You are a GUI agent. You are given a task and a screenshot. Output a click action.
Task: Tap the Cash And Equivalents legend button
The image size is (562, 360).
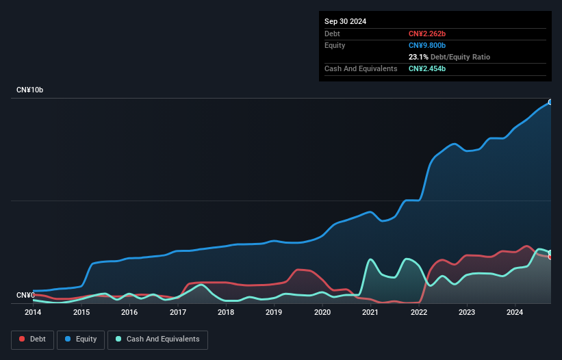157,339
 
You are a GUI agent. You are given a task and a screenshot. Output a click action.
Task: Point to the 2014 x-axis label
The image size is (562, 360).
33,312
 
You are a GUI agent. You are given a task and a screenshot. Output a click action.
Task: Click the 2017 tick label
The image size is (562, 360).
178,312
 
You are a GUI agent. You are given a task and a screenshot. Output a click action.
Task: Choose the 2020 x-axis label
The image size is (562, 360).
322,312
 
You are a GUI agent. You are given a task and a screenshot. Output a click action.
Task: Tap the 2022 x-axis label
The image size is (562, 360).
419,312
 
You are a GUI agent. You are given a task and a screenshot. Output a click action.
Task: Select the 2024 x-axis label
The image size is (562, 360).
515,312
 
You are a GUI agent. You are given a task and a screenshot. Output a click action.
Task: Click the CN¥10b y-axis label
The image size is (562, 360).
31,90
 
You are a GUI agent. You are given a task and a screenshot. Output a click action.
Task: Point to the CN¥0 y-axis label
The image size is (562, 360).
25,296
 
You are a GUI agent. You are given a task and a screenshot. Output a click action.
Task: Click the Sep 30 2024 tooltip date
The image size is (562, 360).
346,21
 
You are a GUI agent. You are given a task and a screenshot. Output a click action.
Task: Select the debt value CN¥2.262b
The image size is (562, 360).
428,34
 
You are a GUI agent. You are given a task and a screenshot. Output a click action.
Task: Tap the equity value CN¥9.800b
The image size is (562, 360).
428,45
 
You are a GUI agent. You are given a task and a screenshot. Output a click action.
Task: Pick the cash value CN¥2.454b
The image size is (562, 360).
428,68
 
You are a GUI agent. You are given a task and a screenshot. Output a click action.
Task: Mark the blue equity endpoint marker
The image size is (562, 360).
550,102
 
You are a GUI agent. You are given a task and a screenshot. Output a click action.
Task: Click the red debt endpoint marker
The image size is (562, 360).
550,257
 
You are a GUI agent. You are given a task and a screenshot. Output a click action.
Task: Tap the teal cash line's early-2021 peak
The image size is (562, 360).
370,259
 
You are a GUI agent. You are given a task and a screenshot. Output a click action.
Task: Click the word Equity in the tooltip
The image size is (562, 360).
335,45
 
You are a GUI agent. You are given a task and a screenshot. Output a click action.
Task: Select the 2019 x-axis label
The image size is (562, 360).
274,312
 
